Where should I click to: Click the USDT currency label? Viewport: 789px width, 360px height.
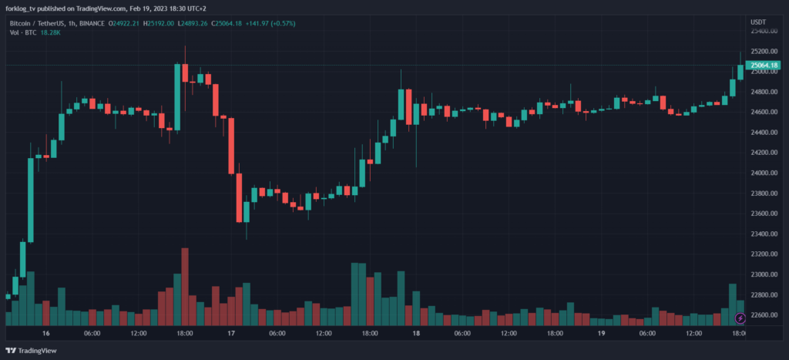click(759, 23)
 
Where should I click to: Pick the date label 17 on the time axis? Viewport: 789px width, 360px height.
click(231, 333)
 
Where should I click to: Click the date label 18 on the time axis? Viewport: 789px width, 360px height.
click(416, 333)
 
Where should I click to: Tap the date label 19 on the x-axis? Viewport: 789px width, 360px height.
click(601, 333)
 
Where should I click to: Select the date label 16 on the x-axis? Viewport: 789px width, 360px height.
click(46, 333)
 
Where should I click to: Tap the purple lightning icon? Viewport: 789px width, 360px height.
click(740, 317)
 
